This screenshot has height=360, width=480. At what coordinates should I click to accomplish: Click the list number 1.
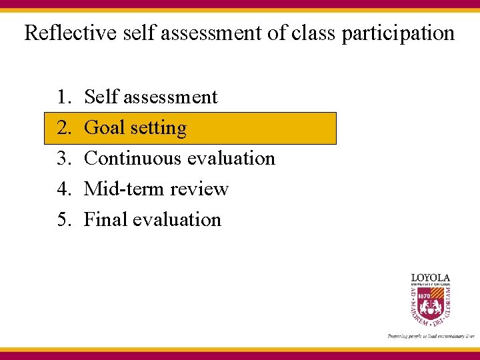point(64,97)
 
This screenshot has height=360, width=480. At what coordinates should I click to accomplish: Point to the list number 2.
point(64,128)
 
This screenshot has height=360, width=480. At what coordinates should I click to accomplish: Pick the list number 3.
point(64,159)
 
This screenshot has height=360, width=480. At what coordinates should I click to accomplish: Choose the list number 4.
point(64,189)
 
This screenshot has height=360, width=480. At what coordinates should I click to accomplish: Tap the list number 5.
point(64,220)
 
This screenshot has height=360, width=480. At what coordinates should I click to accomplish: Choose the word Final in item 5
point(105,220)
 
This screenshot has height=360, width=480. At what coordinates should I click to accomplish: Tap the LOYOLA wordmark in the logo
point(430,277)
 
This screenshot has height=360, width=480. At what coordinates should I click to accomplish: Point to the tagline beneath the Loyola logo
point(430,336)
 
